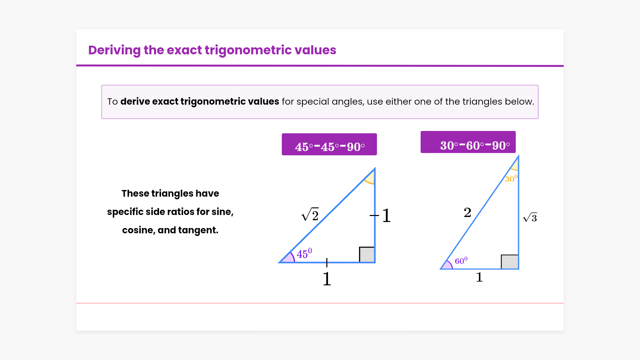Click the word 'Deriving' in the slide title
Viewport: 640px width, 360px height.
coord(114,50)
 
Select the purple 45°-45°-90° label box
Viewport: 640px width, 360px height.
coord(329,144)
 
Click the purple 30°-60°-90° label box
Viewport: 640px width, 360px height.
coord(468,142)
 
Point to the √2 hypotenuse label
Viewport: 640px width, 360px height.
coord(310,214)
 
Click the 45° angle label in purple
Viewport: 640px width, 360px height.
coord(304,253)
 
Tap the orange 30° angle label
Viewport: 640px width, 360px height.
coord(511,178)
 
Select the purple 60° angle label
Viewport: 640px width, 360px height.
coord(461,260)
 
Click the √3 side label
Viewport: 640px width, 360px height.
coord(530,217)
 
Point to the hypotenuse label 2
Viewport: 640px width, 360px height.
coord(467,212)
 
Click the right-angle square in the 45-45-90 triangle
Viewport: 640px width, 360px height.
coord(367,254)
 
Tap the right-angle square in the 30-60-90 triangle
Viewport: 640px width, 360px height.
coord(510,262)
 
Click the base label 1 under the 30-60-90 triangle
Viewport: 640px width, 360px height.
coord(479,277)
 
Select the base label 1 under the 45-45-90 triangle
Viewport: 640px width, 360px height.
coord(327,279)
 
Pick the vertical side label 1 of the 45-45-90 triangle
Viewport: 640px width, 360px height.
coord(386,215)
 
